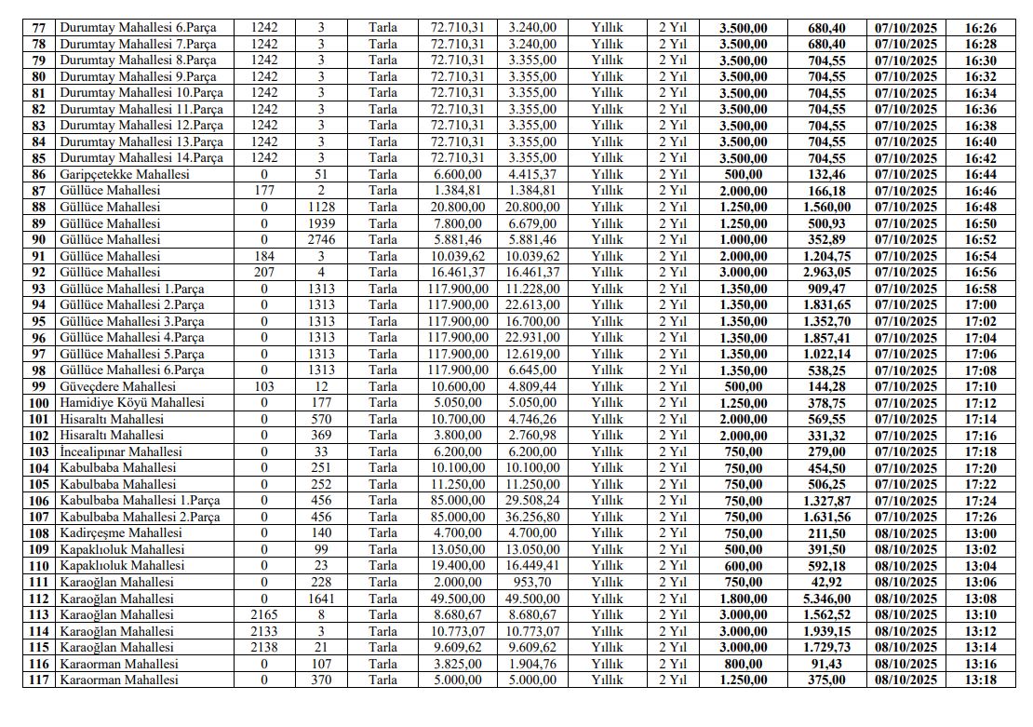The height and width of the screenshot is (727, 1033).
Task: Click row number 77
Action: pos(38,28)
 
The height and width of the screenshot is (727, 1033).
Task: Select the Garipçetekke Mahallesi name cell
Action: pos(124,175)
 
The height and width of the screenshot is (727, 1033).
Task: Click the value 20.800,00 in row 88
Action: pos(457,208)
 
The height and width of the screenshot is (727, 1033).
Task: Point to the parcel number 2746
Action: pos(320,240)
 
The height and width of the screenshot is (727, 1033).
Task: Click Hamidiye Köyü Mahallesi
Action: pos(132,403)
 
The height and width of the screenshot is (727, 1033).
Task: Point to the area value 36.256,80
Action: pos(532,517)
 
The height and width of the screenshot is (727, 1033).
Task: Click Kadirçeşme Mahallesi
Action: pos(118,533)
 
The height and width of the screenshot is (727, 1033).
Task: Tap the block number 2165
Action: pos(263,614)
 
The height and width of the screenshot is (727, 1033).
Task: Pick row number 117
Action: pos(38,680)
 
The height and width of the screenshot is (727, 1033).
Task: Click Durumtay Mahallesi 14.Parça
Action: pos(141,158)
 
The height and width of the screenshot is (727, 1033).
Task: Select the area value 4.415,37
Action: pos(532,175)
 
